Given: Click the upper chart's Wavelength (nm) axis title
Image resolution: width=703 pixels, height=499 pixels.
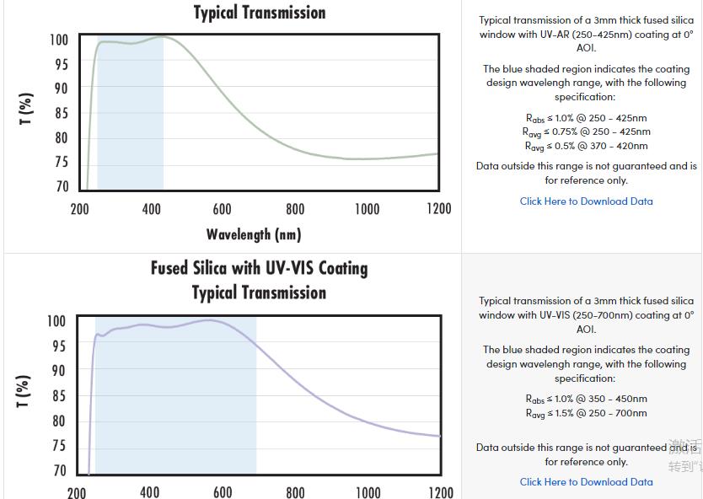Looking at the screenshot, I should pos(253,234).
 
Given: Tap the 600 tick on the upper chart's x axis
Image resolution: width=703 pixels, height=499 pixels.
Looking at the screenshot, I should pos(222,209).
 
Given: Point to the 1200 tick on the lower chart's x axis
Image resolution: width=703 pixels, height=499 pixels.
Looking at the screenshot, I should pos(440,491).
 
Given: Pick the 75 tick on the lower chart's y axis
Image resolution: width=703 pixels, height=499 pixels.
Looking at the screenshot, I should pos(58,445).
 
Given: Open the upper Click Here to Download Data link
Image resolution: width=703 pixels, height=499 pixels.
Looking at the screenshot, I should pos(586,201).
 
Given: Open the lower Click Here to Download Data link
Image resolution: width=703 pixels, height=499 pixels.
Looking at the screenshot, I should pos(586,482).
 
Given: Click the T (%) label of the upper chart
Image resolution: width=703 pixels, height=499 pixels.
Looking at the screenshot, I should pos(26,109).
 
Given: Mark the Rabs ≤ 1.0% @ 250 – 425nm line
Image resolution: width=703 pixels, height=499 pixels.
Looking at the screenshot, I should pos(586,119).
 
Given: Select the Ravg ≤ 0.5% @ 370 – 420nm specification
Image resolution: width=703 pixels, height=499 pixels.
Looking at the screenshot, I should pos(586,147).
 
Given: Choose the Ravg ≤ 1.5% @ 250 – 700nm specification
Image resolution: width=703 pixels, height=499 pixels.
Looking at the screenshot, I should pos(586,414).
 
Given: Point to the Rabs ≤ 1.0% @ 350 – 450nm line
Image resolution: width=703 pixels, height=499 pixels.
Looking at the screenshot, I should pos(586,400).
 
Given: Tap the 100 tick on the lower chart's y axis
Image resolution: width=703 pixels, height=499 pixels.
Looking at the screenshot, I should pos(56,321).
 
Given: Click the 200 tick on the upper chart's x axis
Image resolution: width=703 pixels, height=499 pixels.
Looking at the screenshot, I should pos(78,209).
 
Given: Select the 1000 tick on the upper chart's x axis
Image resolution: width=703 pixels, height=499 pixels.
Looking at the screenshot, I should pos(367,209).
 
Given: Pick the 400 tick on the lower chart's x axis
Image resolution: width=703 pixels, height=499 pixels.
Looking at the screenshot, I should pos(149,491).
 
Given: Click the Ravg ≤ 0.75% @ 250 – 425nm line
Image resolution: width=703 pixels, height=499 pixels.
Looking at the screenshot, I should pos(586,132).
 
